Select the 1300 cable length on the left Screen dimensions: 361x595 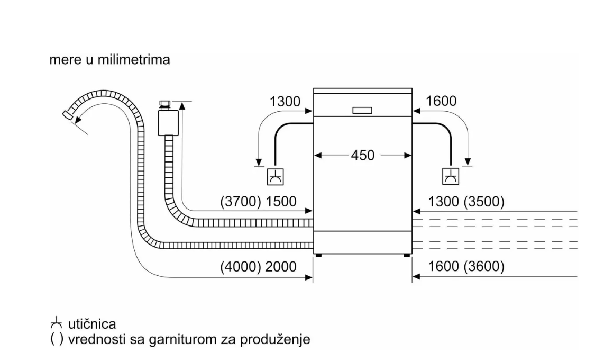click(x=285, y=101)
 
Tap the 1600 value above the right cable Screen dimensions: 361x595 click(x=441, y=101)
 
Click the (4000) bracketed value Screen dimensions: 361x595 click(x=239, y=267)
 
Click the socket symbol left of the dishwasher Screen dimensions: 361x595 click(x=275, y=176)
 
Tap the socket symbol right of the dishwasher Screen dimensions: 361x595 click(x=450, y=176)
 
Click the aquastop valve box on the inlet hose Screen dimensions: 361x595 click(x=167, y=121)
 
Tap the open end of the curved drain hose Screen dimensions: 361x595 click(x=67, y=113)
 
